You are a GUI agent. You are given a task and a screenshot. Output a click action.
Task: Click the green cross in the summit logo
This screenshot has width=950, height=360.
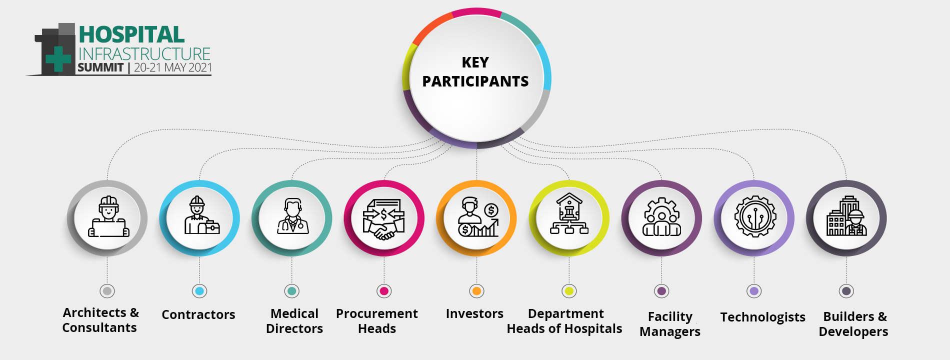tap(58, 59)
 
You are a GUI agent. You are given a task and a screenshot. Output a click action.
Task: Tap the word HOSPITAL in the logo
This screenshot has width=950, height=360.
tap(132, 34)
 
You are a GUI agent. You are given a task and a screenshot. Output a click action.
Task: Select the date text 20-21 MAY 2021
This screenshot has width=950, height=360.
tap(173, 67)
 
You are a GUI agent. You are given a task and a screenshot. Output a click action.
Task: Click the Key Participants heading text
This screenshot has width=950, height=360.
tap(475, 71)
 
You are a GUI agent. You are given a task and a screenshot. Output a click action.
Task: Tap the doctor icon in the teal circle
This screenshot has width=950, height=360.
tap(293, 216)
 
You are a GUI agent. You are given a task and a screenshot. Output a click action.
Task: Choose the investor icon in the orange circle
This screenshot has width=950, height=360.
tap(478, 216)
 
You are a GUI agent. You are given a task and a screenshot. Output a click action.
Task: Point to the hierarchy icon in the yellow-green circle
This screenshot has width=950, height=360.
tap(569, 213)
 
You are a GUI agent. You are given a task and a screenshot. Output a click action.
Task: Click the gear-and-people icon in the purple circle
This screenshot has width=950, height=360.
tap(661, 216)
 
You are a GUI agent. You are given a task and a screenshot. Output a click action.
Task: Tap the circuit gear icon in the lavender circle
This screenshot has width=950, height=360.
tap(755, 216)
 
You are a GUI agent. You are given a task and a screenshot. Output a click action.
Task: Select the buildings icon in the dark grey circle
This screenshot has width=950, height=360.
tap(846, 215)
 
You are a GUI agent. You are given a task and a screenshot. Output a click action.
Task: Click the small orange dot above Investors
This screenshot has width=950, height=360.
tap(476, 291)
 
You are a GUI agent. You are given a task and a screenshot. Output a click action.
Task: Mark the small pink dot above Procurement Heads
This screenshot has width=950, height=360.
tap(384, 291)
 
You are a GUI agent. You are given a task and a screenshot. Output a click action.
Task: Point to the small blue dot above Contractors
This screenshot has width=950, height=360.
tap(199, 291)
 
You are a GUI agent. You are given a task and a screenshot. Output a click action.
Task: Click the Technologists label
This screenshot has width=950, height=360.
tap(762, 317)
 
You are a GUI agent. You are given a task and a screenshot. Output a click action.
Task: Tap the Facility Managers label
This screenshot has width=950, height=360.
tap(670, 324)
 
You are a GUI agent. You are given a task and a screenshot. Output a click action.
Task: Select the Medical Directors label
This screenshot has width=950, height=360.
tap(294, 321)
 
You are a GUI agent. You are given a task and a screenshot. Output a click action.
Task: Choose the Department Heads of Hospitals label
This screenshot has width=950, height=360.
tap(564, 321)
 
